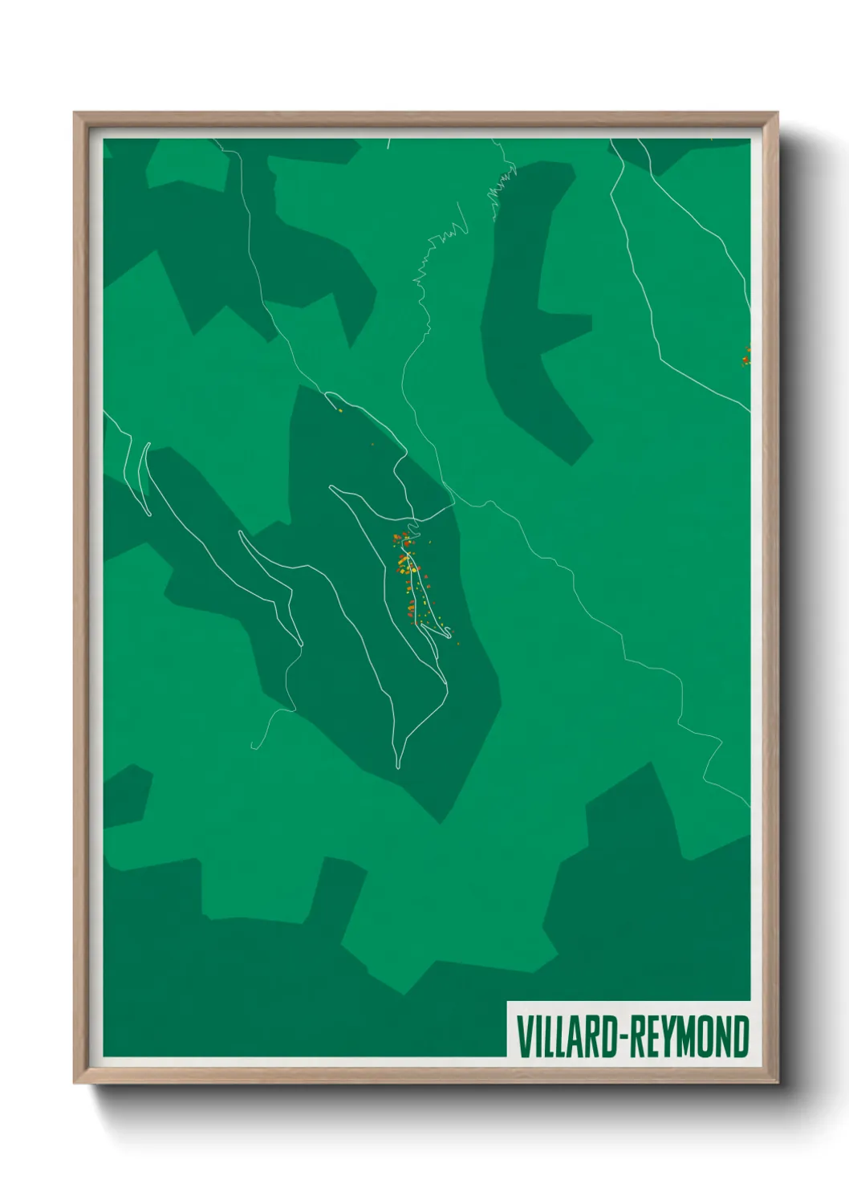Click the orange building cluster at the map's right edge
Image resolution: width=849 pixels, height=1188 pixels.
point(746,356)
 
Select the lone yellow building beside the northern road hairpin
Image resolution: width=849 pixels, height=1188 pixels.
point(339,411)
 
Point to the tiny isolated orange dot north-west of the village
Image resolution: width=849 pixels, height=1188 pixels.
point(372,444)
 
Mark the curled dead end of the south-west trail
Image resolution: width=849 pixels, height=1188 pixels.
point(257,745)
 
